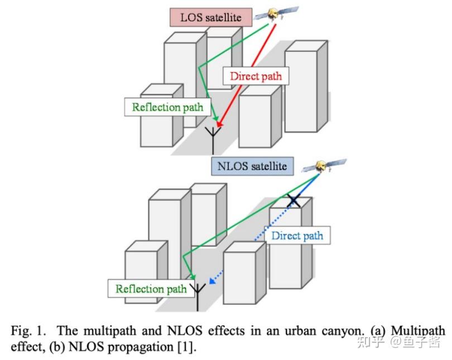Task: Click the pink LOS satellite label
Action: (211, 17)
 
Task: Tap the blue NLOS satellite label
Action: (252, 166)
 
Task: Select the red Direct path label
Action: (256, 76)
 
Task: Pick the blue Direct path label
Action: (297, 236)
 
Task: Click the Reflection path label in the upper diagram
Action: (167, 107)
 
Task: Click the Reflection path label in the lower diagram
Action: (151, 289)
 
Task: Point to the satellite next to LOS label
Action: (276, 13)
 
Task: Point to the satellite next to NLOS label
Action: (324, 166)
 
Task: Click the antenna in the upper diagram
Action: (213, 140)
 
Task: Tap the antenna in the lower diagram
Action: (198, 297)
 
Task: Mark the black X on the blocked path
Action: (294, 200)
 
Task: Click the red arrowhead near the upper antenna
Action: (220, 124)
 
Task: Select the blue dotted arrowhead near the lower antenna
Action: (213, 280)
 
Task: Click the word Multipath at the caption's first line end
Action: (418, 330)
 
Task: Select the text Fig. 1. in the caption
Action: (28, 330)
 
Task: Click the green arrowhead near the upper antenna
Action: (215, 118)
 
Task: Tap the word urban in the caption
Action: (300, 330)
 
